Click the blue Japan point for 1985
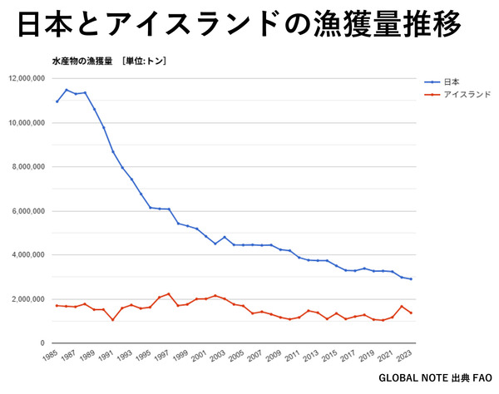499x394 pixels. [x=57, y=101]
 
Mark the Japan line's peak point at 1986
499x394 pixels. [x=67, y=90]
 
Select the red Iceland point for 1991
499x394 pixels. [x=113, y=320]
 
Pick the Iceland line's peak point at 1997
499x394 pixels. [x=169, y=293]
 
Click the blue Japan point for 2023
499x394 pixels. [x=411, y=279]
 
